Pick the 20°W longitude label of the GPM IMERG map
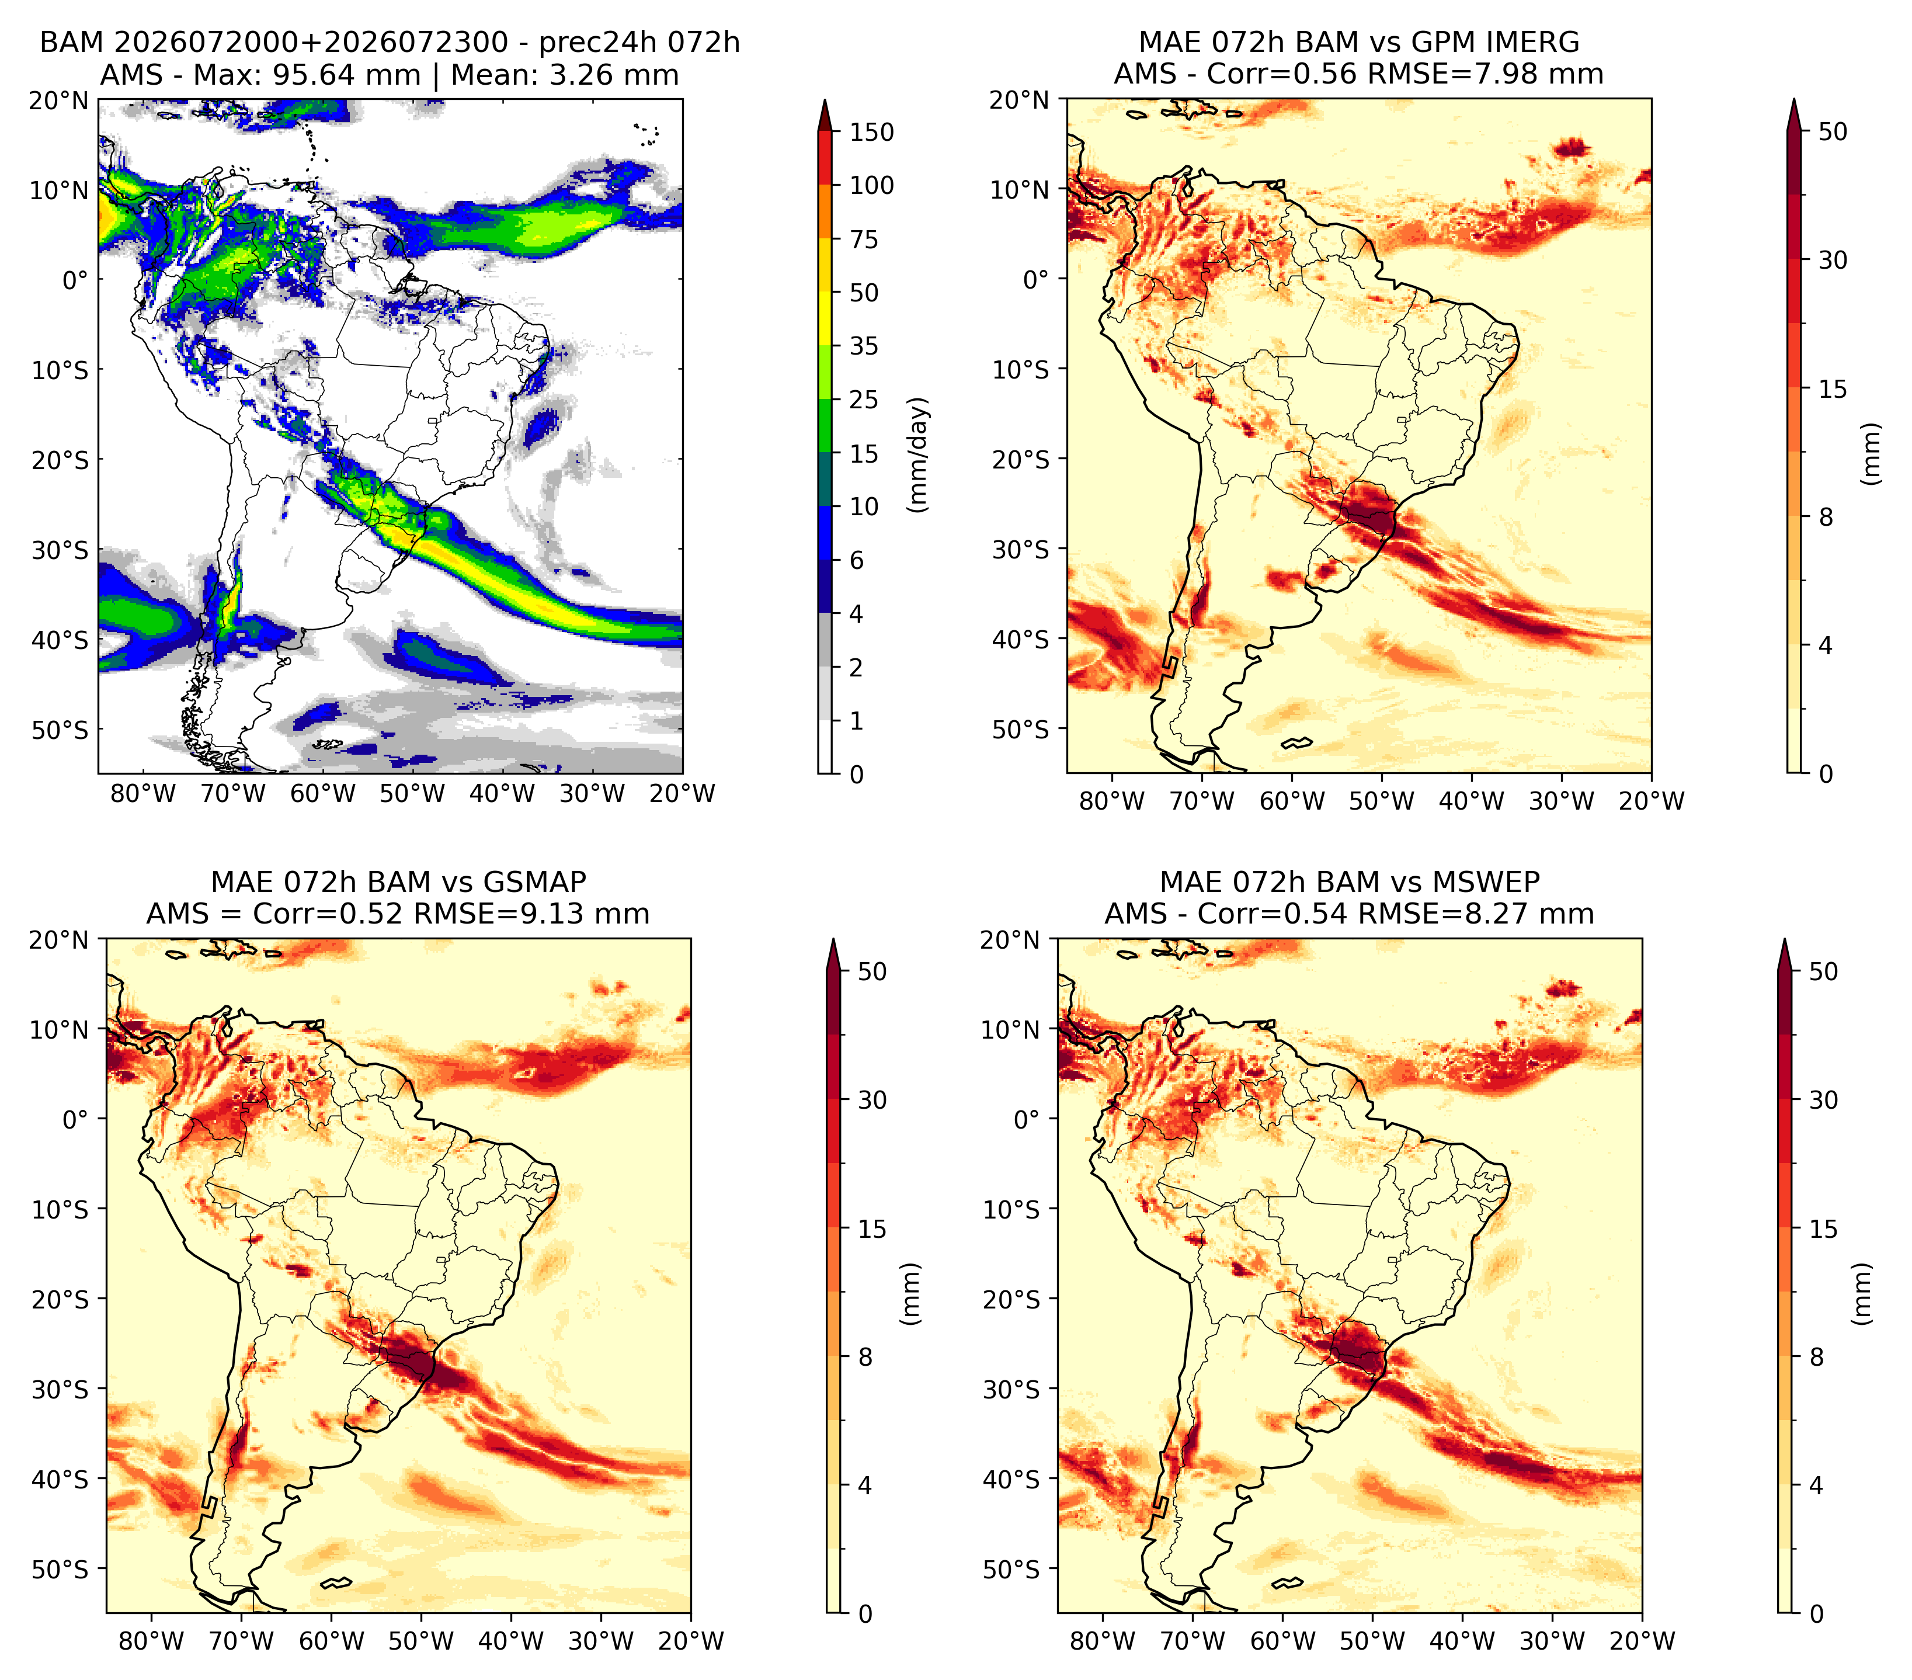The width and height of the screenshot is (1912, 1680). click(x=1651, y=801)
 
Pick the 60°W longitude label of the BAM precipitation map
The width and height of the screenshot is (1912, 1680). click(x=323, y=793)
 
